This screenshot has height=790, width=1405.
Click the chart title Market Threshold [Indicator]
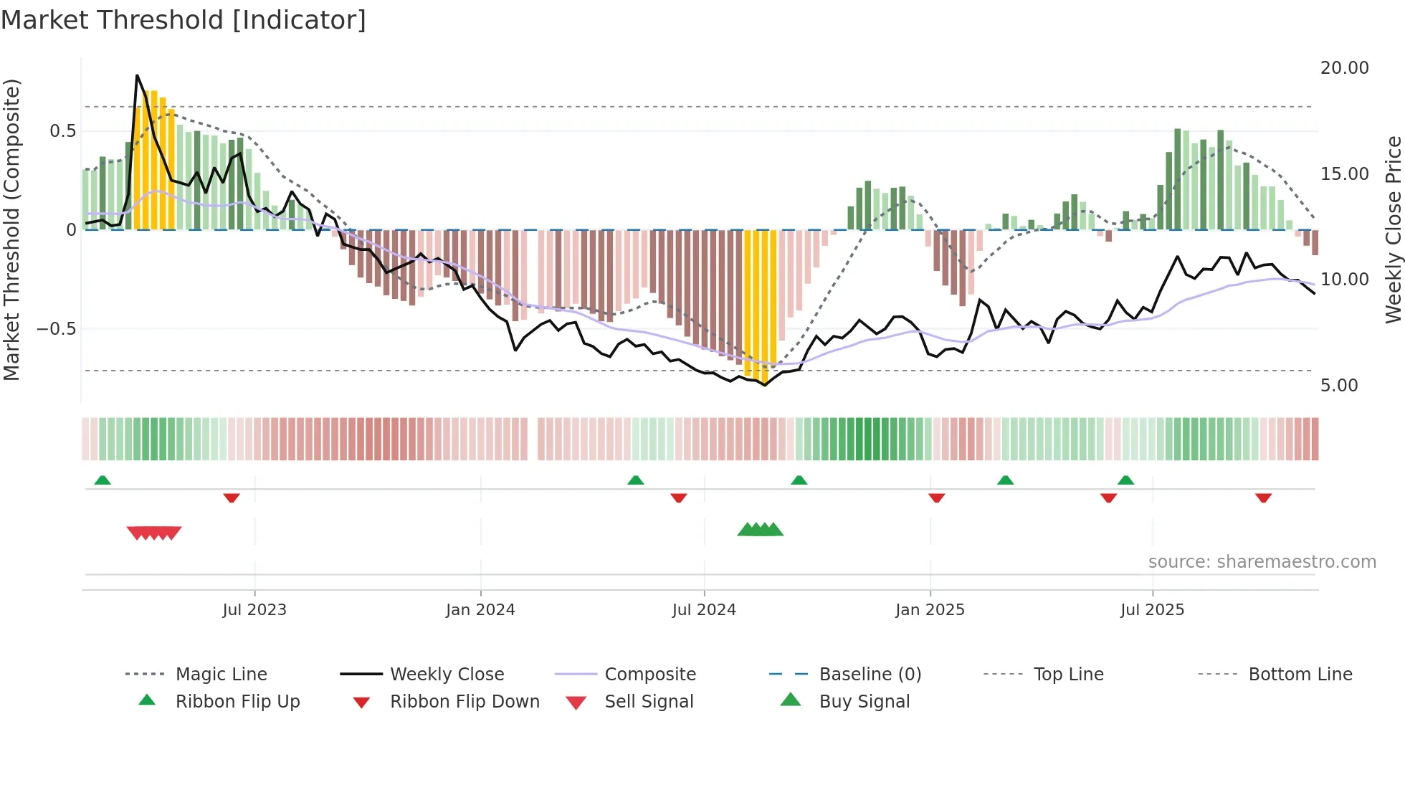pos(184,20)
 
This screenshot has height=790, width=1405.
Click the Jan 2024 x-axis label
pos(480,609)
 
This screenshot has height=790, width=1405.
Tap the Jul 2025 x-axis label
pos(1152,609)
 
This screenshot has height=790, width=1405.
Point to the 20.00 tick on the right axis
pos(1344,67)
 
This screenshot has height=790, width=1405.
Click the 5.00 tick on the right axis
pos(1339,385)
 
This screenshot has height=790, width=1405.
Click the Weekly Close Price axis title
pos(1393,229)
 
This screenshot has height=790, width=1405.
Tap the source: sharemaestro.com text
pos(1262,561)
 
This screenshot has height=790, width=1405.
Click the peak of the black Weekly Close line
pos(137,75)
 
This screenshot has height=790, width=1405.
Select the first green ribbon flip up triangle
pos(103,480)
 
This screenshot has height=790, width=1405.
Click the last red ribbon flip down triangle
pos(1263,498)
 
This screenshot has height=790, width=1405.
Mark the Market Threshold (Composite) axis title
pos(11,229)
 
